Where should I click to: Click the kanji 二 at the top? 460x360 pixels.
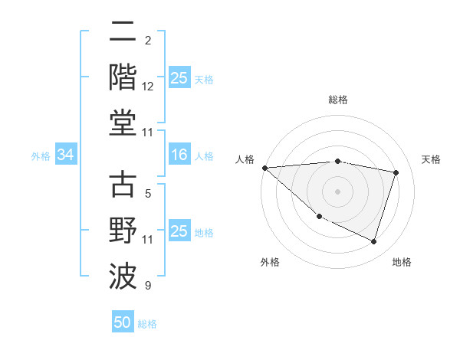pos(123,33)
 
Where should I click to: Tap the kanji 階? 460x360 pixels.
pos(123,77)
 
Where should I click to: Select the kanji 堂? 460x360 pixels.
pos(123,123)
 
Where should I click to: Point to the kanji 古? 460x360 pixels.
pos(123,186)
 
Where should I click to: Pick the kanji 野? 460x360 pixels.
pos(123,231)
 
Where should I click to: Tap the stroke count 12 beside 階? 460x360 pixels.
pos(148,87)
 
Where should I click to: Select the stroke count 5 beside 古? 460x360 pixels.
pos(148,195)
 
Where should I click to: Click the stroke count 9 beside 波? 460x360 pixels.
pos(148,286)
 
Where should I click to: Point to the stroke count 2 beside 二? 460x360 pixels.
pos(148,40)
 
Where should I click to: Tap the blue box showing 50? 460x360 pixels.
pos(123,322)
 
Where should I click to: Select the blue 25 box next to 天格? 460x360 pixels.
pos(179,78)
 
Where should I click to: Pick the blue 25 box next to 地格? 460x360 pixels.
pos(179,231)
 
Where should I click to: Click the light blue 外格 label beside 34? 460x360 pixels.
pos(41,156)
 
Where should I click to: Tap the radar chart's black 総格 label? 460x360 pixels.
pos(338,100)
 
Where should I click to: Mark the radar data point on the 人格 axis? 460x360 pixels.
pos(264,168)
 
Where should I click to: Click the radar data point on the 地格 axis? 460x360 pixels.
pos(374,242)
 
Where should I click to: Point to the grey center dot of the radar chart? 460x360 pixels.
pos(338,191)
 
